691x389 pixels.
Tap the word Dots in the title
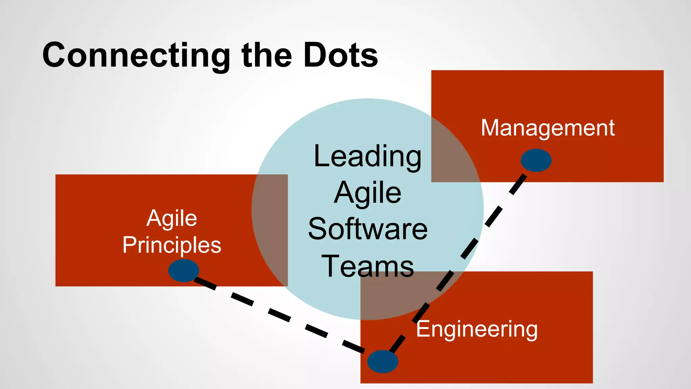click(341, 55)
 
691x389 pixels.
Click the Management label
click(548, 128)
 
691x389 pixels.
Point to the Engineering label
click(477, 329)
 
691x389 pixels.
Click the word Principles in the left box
click(172, 245)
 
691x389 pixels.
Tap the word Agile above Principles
click(172, 218)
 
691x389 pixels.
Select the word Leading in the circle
click(367, 156)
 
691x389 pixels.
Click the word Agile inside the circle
click(367, 193)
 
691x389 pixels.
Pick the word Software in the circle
click(368, 229)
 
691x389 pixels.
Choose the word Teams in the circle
click(368, 266)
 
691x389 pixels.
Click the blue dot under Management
click(536, 160)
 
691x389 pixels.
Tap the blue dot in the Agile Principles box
click(184, 270)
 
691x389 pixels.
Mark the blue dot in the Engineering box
click(383, 361)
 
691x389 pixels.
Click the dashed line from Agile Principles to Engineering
click(279, 314)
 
